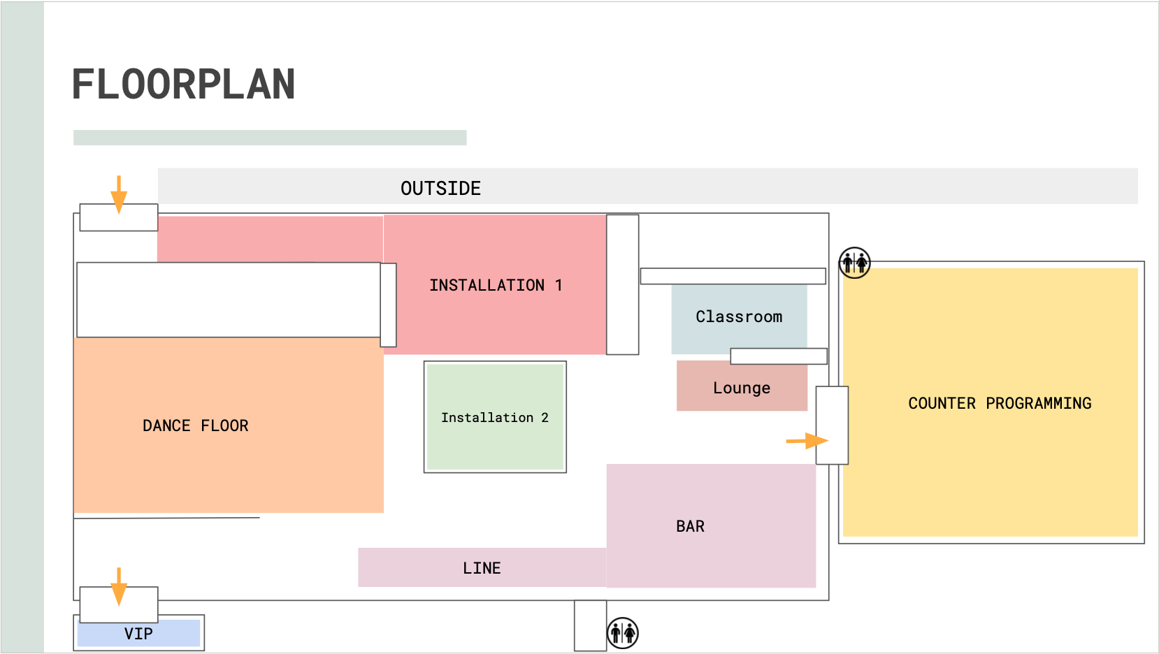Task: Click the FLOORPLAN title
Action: click(x=184, y=85)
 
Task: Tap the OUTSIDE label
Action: click(x=440, y=188)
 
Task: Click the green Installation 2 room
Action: click(x=495, y=416)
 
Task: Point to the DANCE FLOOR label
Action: click(x=195, y=426)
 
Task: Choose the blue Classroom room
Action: click(x=739, y=317)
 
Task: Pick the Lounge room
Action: click(x=742, y=388)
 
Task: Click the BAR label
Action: click(x=690, y=526)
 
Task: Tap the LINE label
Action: click(x=482, y=568)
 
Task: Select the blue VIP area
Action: click(x=138, y=634)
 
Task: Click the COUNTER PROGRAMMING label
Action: click(x=1000, y=403)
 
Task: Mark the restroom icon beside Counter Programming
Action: click(x=854, y=263)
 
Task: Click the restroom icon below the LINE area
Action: click(x=622, y=633)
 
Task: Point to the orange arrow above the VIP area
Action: click(x=119, y=586)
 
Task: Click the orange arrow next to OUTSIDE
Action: click(x=119, y=194)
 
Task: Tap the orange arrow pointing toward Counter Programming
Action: click(x=807, y=441)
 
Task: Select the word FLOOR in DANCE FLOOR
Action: click(x=224, y=426)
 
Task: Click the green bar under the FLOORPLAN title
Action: click(x=270, y=138)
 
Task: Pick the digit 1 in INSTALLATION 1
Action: click(x=559, y=285)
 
